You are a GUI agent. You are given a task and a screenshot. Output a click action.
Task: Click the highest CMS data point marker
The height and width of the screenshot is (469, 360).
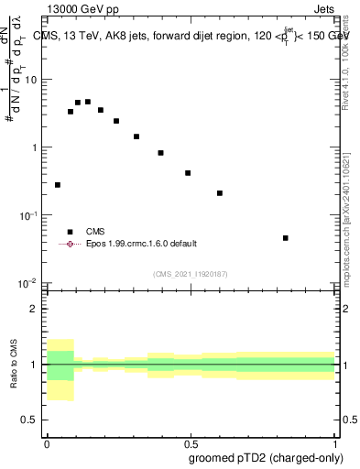click(x=88, y=102)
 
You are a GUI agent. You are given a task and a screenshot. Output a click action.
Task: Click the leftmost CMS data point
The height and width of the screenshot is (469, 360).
click(x=58, y=185)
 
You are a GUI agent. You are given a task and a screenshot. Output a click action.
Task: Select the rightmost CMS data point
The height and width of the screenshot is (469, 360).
click(x=286, y=238)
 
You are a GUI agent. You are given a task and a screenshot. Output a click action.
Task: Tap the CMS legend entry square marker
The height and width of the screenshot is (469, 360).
click(x=70, y=232)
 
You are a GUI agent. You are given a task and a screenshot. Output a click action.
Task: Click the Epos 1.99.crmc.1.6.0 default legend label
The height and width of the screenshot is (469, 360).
click(x=142, y=244)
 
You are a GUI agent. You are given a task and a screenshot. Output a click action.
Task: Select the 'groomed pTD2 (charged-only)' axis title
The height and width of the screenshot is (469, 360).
click(x=274, y=458)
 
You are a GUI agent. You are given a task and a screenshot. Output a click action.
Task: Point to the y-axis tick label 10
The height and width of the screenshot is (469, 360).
click(x=32, y=80)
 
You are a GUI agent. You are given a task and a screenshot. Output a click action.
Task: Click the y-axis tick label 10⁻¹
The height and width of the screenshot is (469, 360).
click(x=30, y=215)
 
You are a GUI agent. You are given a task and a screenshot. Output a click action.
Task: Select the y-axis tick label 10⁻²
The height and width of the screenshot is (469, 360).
click(x=30, y=283)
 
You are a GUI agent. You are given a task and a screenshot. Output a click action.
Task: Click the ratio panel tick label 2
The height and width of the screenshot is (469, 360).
click(x=36, y=309)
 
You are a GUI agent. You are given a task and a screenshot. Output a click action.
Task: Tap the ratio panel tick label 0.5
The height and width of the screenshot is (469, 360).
click(x=32, y=420)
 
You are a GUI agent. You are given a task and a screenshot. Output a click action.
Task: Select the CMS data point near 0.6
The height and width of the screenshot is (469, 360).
click(x=220, y=193)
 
